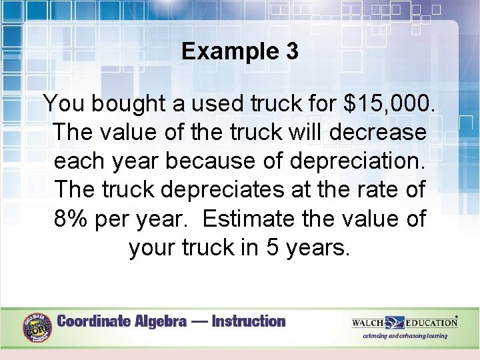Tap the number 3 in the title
coord(291,51)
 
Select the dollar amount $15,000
coord(390,103)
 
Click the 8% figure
coord(73,218)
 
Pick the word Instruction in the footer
coord(248,321)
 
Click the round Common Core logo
coord(37,327)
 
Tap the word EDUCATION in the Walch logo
coord(430,323)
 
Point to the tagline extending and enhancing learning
coord(405,336)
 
